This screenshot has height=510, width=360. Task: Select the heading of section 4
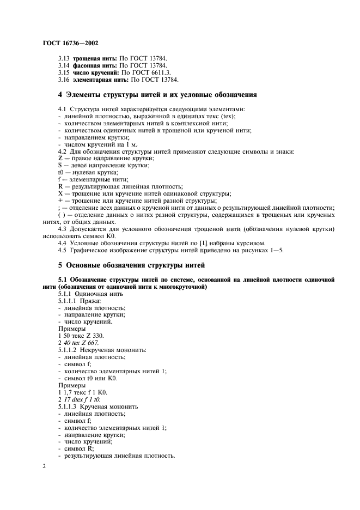(158, 95)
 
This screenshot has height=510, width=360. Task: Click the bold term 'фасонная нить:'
(95, 65)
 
